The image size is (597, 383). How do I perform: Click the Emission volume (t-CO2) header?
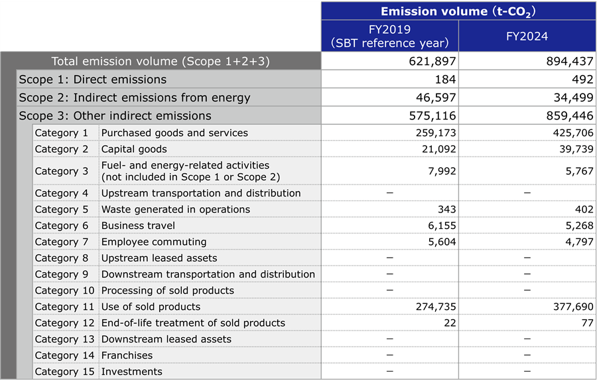[458, 11]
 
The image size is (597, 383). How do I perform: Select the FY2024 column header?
[527, 36]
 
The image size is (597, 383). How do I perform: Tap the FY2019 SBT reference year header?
[389, 36]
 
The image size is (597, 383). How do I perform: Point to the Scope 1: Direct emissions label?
[92, 80]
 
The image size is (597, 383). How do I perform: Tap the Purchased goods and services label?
[174, 133]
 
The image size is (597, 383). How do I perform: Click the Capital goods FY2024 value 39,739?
[574, 149]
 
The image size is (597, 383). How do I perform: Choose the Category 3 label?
[61, 171]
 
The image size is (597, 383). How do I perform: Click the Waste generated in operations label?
[175, 210]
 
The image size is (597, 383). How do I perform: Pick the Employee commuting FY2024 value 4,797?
[579, 242]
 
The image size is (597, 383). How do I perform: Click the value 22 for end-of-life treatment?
[449, 323]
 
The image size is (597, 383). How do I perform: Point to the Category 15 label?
[64, 372]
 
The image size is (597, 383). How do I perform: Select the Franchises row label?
[127, 356]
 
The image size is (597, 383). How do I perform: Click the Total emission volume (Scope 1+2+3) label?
[161, 62]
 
